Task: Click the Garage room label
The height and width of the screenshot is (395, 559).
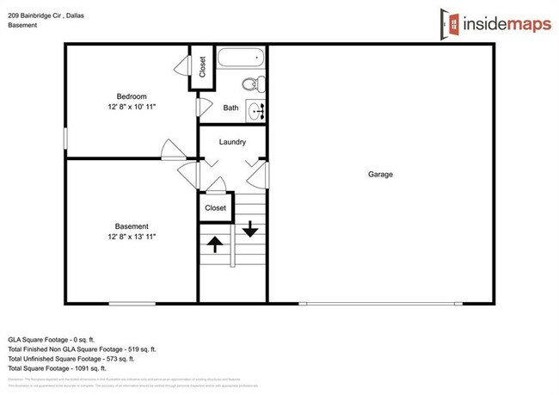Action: click(380, 174)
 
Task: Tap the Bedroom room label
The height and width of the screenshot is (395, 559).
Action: click(132, 96)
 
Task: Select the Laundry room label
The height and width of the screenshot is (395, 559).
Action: click(232, 142)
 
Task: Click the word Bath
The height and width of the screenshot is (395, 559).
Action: click(230, 108)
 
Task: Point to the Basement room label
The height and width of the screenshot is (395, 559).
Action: click(132, 226)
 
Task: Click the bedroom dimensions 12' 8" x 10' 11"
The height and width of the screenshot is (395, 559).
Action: click(132, 106)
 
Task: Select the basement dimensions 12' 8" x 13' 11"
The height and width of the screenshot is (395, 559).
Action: click(132, 237)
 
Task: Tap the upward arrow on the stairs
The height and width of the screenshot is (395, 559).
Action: click(215, 244)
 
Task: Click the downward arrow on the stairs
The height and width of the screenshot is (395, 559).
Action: click(250, 229)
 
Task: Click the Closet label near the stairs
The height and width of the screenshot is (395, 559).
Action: click(215, 207)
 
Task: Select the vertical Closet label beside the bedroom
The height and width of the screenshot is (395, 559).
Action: click(202, 66)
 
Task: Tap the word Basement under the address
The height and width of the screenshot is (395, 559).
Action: click(22, 25)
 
